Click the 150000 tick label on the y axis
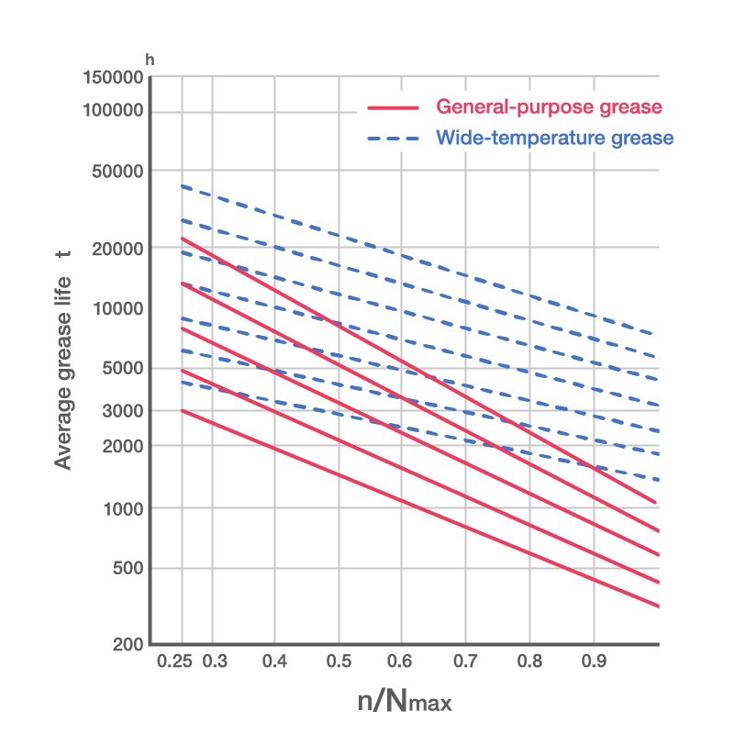(113, 80)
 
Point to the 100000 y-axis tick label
(113, 112)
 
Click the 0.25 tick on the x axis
(174, 662)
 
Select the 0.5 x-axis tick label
(339, 662)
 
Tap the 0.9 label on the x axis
(593, 662)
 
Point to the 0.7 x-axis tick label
(465, 662)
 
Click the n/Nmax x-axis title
(405, 703)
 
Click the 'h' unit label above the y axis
(150, 60)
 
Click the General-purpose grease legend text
(549, 107)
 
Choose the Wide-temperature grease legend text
(555, 139)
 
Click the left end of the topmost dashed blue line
(182, 186)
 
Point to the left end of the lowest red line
(182, 410)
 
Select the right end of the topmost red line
(657, 503)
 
